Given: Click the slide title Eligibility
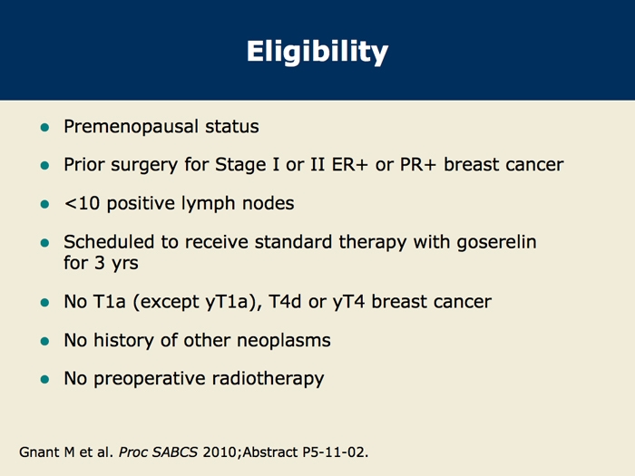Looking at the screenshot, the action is point(317,52).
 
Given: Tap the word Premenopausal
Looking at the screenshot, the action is point(131,127).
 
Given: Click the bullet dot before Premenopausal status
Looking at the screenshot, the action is point(44,128).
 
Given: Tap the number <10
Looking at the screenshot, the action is point(82,203).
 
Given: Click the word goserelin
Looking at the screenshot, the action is point(496,243).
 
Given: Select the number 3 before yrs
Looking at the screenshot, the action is point(100,263).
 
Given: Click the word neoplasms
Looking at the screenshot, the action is point(283,341).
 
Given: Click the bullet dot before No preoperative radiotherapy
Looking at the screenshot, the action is point(44,380).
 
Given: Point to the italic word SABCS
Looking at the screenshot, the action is point(174,452).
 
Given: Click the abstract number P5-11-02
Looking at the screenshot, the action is point(336,452).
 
